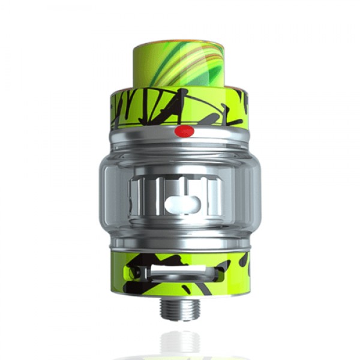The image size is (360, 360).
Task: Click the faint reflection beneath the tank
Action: point(180,342)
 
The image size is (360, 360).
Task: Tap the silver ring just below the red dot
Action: point(180,142)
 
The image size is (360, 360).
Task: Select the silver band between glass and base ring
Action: point(180,244)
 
